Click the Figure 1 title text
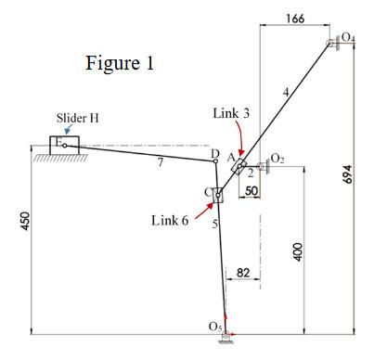pyautogui.click(x=119, y=64)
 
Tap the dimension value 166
pyautogui.click(x=295, y=19)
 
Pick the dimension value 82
pyautogui.click(x=242, y=272)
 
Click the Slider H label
pyautogui.click(x=79, y=118)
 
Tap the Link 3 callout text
pyautogui.click(x=231, y=112)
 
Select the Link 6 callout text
pyautogui.click(x=170, y=220)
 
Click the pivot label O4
pyautogui.click(x=347, y=37)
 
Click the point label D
pyautogui.click(x=214, y=153)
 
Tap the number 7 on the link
pyautogui.click(x=159, y=163)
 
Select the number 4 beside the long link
pyautogui.click(x=286, y=90)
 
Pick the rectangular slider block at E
pyautogui.click(x=64, y=145)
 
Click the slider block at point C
pyautogui.click(x=218, y=195)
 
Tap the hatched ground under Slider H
pyautogui.click(x=58, y=159)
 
